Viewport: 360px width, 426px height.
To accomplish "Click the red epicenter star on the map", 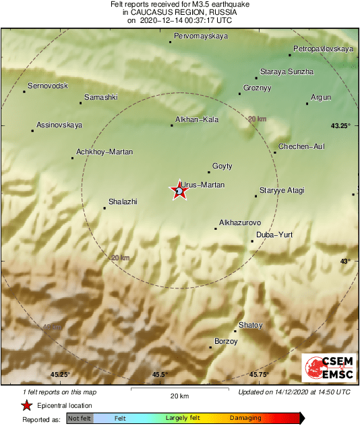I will pos(179,191).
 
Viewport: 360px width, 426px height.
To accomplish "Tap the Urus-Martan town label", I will pos(203,184).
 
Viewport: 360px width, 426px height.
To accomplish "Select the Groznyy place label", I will pos(256,88).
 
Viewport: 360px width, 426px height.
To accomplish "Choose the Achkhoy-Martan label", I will pos(104,152).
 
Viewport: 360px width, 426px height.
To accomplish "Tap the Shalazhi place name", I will pos(123,202).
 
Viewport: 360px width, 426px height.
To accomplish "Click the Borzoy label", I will pos(226,342).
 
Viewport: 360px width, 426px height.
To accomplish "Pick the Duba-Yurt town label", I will pos(272,235).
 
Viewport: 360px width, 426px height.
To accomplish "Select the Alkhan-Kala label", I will pos(197,119).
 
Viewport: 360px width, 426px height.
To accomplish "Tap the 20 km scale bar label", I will pos(179,396).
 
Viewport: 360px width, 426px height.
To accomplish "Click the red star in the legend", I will pos(26,405).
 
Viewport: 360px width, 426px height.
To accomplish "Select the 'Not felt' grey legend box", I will pos(80,418).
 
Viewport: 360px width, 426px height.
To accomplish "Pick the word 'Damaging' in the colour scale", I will pos(245,418).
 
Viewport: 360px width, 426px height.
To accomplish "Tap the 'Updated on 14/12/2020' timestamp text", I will pos(295,391).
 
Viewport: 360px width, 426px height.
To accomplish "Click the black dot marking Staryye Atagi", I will pos(256,196).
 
